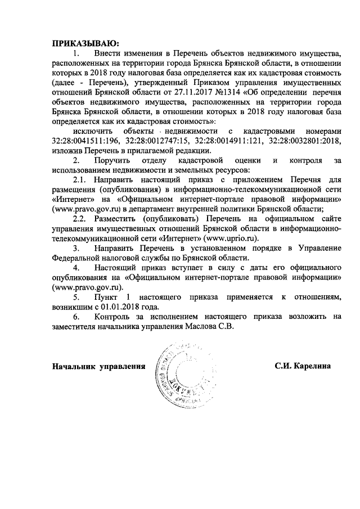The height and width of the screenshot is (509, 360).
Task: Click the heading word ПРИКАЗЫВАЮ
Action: tap(85, 43)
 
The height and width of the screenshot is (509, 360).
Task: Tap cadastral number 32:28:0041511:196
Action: tap(87, 141)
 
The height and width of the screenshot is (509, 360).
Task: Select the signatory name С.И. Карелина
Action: tap(303, 366)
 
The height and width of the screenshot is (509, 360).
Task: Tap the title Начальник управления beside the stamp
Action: tap(95, 366)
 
